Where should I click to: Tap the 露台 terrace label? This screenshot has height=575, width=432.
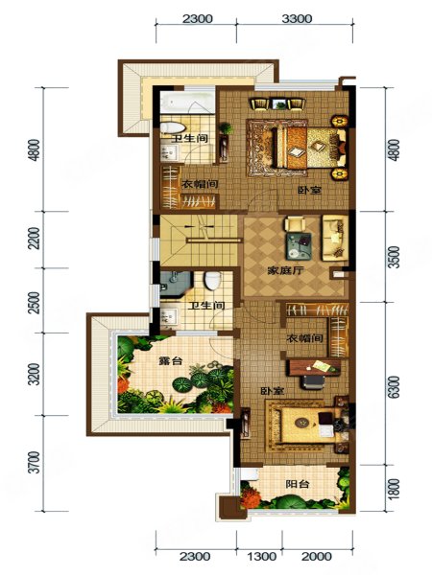click(x=171, y=361)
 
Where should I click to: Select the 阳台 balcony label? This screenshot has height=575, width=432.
click(x=298, y=484)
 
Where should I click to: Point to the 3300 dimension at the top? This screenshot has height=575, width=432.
click(x=297, y=19)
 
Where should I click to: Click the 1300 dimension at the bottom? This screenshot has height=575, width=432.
click(x=261, y=557)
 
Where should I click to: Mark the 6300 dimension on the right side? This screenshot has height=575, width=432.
click(x=394, y=387)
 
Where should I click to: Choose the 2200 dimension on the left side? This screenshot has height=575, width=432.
click(x=34, y=239)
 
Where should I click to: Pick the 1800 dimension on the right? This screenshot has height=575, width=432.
click(x=394, y=489)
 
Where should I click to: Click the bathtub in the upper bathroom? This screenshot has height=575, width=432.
click(x=187, y=103)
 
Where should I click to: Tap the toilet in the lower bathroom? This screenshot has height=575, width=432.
click(x=212, y=281)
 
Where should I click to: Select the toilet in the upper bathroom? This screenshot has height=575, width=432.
click(x=173, y=127)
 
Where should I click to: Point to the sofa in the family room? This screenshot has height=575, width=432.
click(x=335, y=238)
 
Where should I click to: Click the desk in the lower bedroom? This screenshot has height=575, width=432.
click(x=315, y=367)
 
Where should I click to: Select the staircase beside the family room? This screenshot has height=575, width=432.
click(x=199, y=241)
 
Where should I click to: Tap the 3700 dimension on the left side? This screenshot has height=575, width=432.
click(x=34, y=463)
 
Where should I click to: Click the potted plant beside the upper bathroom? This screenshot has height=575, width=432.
click(x=226, y=128)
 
